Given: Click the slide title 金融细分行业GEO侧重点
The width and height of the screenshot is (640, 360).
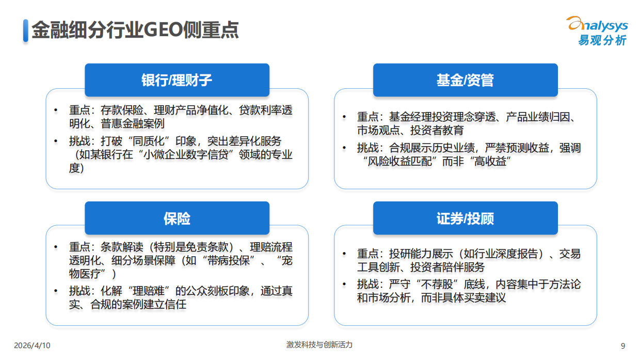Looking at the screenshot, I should tap(135, 30).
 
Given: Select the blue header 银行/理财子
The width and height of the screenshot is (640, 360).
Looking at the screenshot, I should tap(177, 80).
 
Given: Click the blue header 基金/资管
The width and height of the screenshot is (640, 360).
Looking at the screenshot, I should tap(465, 80).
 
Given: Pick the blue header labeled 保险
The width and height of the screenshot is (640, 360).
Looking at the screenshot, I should tap(177, 218).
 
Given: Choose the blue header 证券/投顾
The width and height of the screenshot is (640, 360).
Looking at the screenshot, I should tap(465, 218).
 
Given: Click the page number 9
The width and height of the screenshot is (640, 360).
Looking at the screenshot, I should tap(622, 346).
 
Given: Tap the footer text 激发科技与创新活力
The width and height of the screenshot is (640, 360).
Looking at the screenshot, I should tap(319, 345).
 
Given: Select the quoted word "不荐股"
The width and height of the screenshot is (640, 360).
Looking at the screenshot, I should tap(433, 285).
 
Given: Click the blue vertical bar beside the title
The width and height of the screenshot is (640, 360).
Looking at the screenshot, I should tap(25, 30).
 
